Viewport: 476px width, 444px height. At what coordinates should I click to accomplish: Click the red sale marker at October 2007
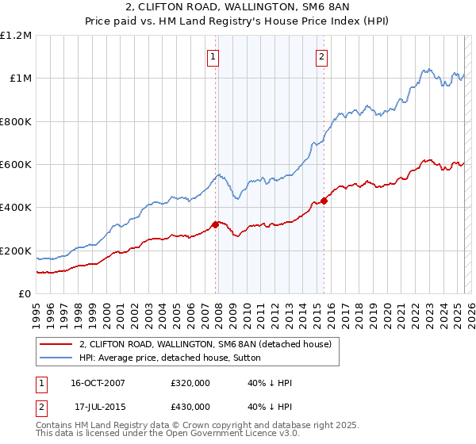(x=216, y=224)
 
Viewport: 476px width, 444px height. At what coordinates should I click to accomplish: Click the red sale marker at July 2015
(x=324, y=201)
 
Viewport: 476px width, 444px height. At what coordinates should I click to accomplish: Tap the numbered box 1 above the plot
(x=214, y=56)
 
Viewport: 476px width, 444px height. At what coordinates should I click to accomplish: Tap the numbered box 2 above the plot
(x=321, y=56)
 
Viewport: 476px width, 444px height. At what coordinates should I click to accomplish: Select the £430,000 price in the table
(x=190, y=407)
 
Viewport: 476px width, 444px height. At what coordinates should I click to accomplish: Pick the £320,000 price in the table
(x=190, y=383)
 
